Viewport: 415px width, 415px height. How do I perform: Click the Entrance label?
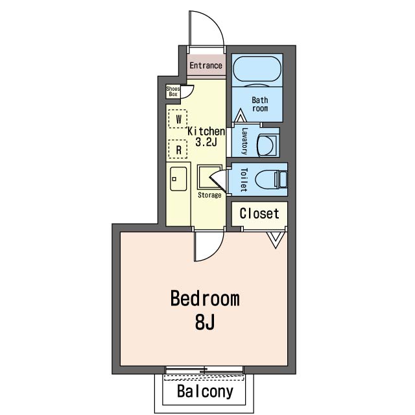click(x=206, y=65)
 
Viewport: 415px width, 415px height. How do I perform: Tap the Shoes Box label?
click(x=173, y=91)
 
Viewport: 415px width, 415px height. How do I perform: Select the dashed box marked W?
click(x=178, y=119)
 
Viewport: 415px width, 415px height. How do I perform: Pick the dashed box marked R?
click(x=178, y=149)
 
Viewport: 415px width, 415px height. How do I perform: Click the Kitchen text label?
click(x=206, y=131)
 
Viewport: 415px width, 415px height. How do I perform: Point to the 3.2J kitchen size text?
click(x=206, y=142)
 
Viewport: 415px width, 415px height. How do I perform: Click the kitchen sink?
click(x=178, y=179)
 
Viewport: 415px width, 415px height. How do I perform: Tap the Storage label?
click(x=209, y=195)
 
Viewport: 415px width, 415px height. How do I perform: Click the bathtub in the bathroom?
click(x=257, y=69)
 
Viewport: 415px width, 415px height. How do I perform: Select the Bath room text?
click(x=260, y=104)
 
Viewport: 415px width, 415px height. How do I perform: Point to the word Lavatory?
click(x=244, y=141)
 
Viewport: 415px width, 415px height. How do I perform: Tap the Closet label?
click(x=259, y=213)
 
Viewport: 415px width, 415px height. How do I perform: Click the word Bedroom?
click(x=205, y=299)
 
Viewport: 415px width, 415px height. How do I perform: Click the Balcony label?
click(x=206, y=391)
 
